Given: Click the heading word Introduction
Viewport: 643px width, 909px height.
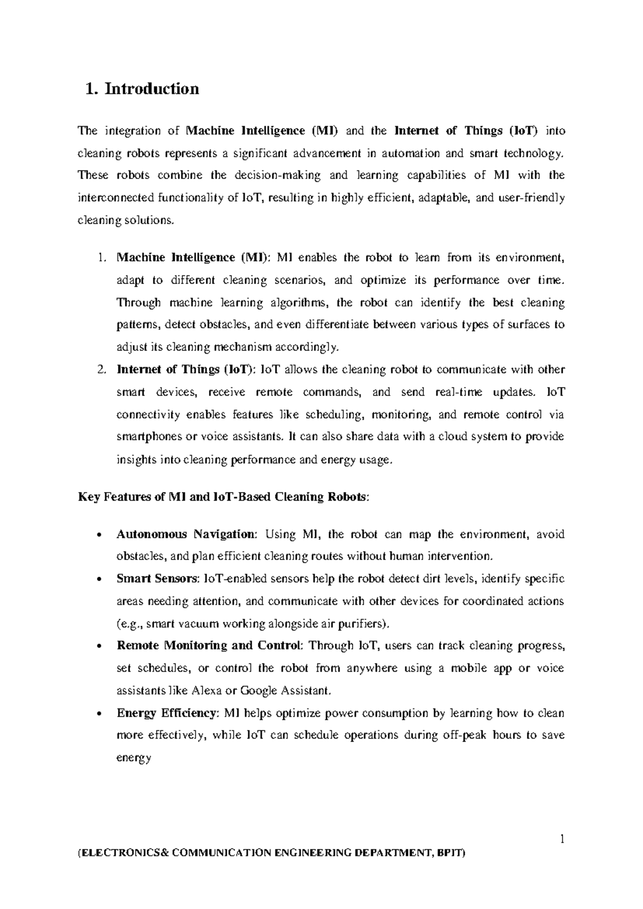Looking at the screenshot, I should point(152,88).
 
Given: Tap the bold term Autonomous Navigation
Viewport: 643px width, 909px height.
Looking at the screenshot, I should point(186,534).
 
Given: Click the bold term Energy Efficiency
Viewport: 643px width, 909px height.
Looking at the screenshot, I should point(167,713).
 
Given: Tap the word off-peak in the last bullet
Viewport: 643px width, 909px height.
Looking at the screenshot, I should point(463,735).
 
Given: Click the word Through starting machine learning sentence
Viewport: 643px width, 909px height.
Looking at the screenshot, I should point(138,303).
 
